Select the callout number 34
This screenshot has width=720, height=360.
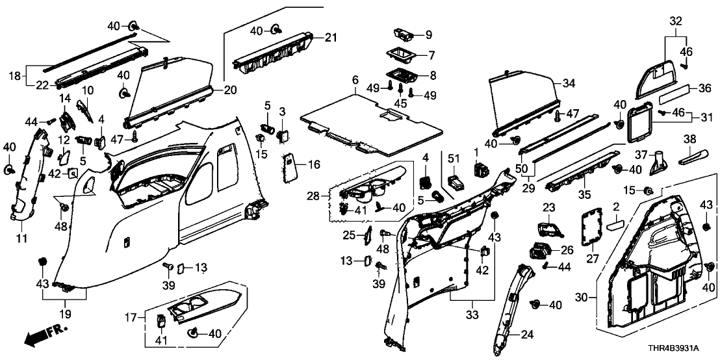tap(569, 83)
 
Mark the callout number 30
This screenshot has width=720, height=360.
tap(583, 298)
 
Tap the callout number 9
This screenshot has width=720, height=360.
tap(428, 34)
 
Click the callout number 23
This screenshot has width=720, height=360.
tap(548, 207)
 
